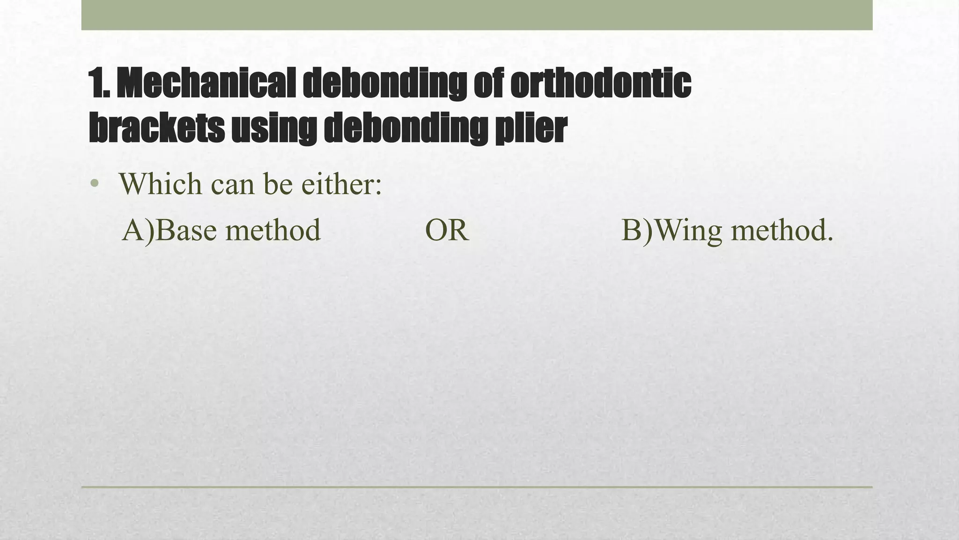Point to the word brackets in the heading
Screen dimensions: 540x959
coord(156,127)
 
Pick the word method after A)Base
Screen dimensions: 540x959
coord(273,230)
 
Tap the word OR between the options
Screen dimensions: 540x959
coord(447,230)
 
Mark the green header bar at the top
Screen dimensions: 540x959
coord(477,15)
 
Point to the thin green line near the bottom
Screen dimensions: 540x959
coord(477,487)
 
